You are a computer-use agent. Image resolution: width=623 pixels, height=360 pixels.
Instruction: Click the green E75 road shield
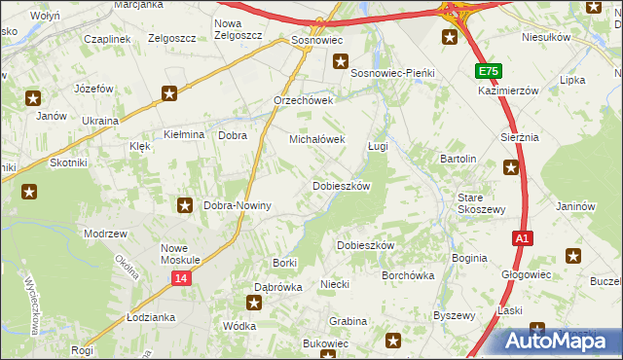[489, 71]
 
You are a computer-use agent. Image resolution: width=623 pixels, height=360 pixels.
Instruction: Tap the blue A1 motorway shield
[523, 237]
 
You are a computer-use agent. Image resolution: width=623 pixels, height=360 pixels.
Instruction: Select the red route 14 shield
[181, 278]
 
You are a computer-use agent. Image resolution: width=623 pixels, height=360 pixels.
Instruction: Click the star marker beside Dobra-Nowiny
[185, 205]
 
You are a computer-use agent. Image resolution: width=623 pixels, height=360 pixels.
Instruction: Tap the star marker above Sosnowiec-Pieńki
[340, 61]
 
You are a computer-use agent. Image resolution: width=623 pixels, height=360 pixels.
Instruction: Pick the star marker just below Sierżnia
[512, 167]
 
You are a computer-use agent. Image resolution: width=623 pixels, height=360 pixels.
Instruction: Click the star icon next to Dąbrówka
[253, 303]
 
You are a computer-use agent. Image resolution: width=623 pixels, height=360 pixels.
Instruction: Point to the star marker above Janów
[33, 97]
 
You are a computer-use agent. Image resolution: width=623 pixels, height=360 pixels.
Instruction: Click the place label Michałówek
[317, 139]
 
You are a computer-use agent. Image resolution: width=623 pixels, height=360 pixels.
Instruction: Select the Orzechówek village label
[304, 100]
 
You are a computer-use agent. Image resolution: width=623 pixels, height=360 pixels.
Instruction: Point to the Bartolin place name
[458, 159]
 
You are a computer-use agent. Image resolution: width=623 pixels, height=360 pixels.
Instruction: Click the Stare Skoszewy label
[481, 203]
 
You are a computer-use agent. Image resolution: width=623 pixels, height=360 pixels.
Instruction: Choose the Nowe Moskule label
[180, 254]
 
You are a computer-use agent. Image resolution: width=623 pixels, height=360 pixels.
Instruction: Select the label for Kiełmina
[183, 135]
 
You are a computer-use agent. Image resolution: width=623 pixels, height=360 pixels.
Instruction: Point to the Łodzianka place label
[150, 318]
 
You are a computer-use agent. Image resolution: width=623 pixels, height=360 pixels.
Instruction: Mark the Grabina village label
[348, 320]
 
